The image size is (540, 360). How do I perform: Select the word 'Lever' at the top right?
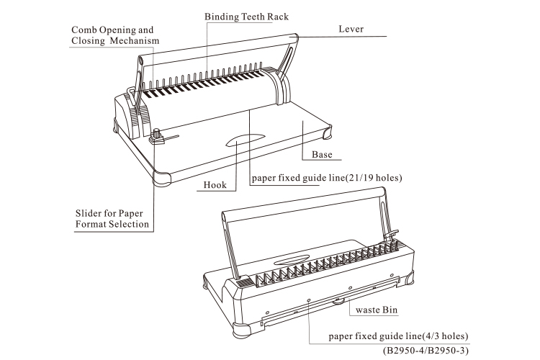tap(351, 29)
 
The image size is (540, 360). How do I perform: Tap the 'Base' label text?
tap(322, 154)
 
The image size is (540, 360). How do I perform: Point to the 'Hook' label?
tap(215, 185)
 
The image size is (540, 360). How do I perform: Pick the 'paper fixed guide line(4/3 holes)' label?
tap(398, 336)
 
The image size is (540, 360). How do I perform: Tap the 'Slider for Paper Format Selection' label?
tap(113, 219)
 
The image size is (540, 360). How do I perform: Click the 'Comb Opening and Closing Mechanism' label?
tap(112, 35)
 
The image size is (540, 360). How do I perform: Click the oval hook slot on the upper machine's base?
tap(244, 140)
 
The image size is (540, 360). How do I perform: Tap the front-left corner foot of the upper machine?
tap(160, 176)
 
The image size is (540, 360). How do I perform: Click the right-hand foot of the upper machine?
tap(329, 133)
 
